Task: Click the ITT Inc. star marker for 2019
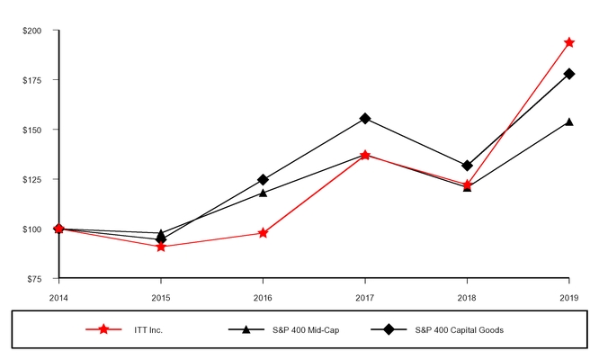tap(568, 42)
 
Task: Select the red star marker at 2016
tap(263, 233)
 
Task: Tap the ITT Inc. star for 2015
tap(160, 246)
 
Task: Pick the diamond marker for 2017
tap(364, 118)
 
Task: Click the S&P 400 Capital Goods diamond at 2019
tap(568, 74)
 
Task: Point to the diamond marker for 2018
tap(467, 166)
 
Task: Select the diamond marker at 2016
tap(263, 180)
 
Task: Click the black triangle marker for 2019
tap(568, 121)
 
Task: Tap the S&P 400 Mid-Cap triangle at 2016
tap(263, 192)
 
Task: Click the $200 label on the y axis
tap(31, 31)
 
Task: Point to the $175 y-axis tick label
tap(31, 80)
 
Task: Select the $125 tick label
tap(31, 179)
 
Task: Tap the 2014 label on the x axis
tap(58, 296)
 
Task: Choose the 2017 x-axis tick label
tap(364, 296)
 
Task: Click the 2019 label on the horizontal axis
tap(568, 296)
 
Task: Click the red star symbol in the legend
tap(103, 330)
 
